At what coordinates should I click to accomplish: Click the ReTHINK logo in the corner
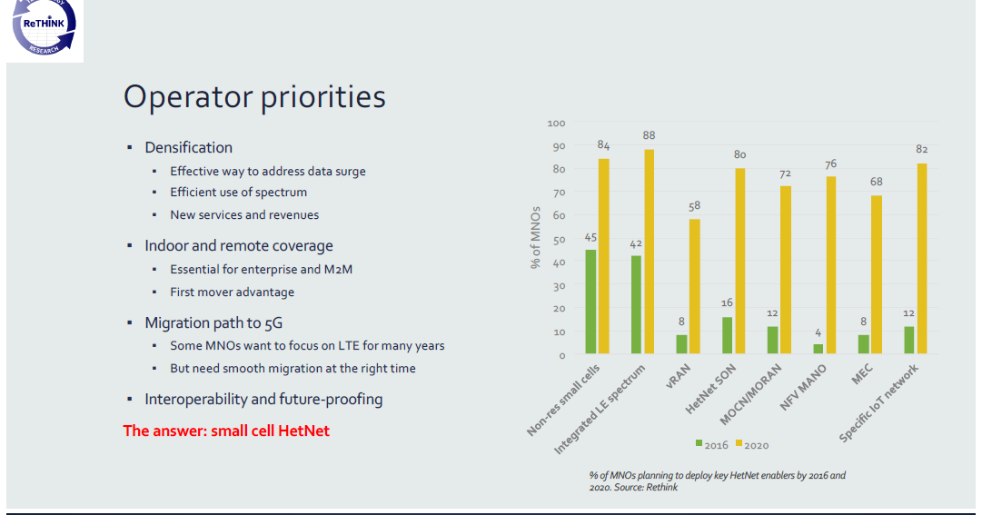pyautogui.click(x=45, y=29)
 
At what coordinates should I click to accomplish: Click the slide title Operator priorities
pyautogui.click(x=254, y=96)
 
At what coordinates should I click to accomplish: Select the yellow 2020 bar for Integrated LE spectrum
pyautogui.click(x=650, y=251)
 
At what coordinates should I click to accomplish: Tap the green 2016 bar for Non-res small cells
pyautogui.click(x=590, y=301)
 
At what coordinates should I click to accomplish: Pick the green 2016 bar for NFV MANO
pyautogui.click(x=818, y=348)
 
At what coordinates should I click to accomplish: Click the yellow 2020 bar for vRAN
pyautogui.click(x=695, y=285)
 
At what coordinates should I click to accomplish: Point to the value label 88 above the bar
pyautogui.click(x=649, y=135)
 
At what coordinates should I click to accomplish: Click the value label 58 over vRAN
pyautogui.click(x=694, y=206)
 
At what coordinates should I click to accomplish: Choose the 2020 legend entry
pyautogui.click(x=751, y=444)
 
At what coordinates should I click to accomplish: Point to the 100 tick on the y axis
pyautogui.click(x=556, y=123)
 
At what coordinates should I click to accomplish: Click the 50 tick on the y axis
pyautogui.click(x=559, y=239)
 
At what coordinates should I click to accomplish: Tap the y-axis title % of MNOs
pyautogui.click(x=536, y=239)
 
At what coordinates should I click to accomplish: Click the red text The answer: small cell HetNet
pyautogui.click(x=226, y=431)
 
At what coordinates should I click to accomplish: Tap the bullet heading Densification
pyautogui.click(x=188, y=147)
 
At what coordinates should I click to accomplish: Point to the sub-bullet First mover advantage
pyautogui.click(x=232, y=292)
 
